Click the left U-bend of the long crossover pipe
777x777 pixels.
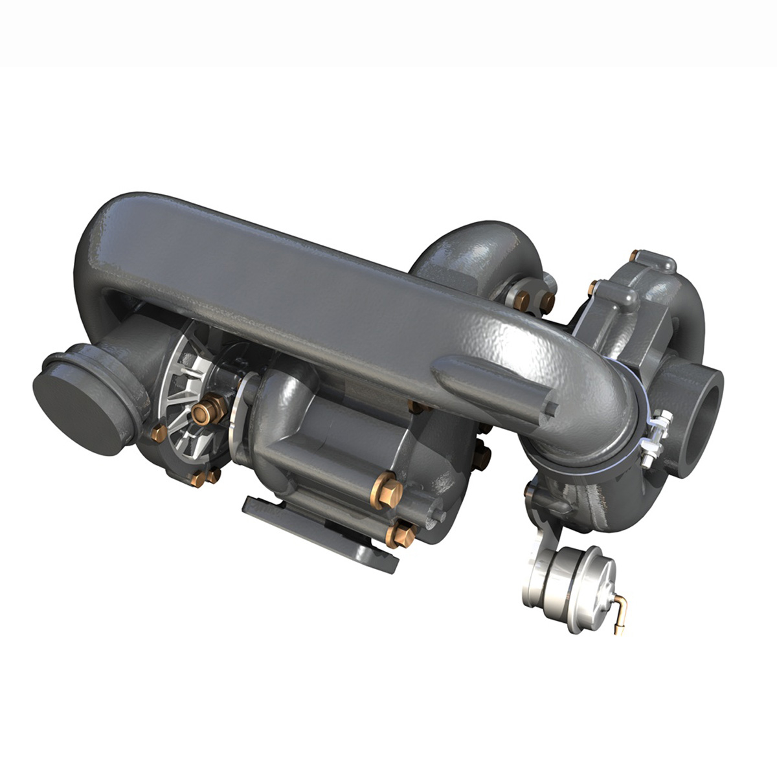(x=97, y=259)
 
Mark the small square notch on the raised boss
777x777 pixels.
(x=551, y=408)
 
